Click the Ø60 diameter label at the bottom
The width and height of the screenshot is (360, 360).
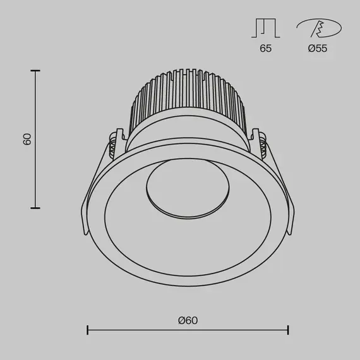click(188, 321)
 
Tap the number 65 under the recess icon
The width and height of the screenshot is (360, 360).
click(265, 49)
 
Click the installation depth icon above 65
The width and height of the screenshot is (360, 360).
click(265, 28)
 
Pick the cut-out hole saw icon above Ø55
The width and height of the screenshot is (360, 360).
click(319, 28)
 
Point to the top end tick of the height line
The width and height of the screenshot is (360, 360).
click(35, 71)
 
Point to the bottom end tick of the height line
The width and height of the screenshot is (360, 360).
click(35, 207)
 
